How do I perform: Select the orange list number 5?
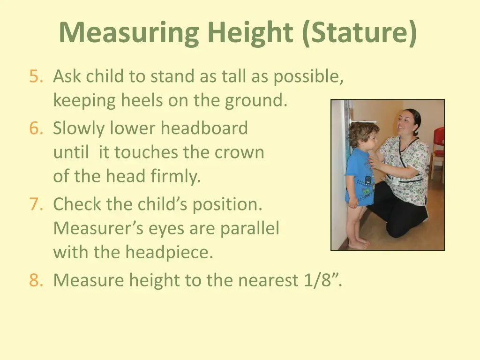[36, 76]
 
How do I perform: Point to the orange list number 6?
[36, 128]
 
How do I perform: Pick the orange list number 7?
[36, 204]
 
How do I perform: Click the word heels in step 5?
[142, 100]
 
